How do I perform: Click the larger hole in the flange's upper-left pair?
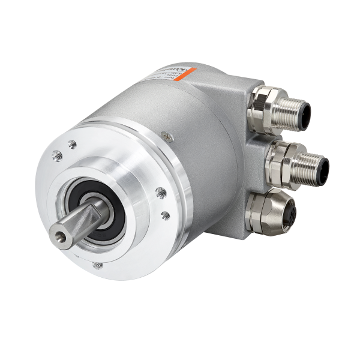tap(58, 153)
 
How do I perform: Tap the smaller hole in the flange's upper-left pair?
tap(72, 143)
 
